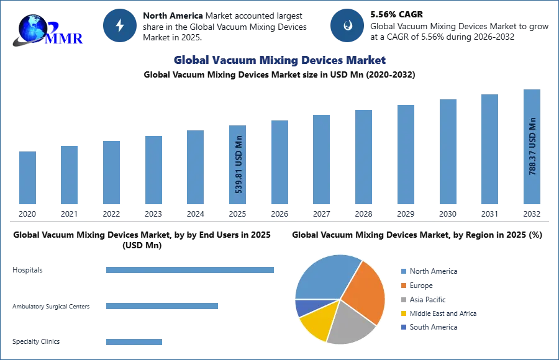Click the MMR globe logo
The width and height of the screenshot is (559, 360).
[47, 30]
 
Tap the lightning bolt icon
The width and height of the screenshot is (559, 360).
[120, 25]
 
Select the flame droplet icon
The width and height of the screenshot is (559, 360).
[347, 25]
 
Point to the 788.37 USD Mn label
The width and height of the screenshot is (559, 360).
[532, 146]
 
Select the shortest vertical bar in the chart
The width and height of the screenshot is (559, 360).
[27, 178]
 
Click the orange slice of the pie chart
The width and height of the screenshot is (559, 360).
[366, 291]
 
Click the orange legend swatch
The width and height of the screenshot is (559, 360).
[402, 286]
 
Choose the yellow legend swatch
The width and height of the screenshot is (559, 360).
[402, 313]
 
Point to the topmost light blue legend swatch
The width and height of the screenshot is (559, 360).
[402, 272]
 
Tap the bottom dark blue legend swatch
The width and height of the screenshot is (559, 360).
[402, 327]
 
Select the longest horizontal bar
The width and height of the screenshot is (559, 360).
[191, 269]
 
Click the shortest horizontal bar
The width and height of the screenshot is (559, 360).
[134, 342]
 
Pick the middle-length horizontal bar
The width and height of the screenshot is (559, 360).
[161, 307]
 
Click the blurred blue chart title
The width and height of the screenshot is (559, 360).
[280, 60]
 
